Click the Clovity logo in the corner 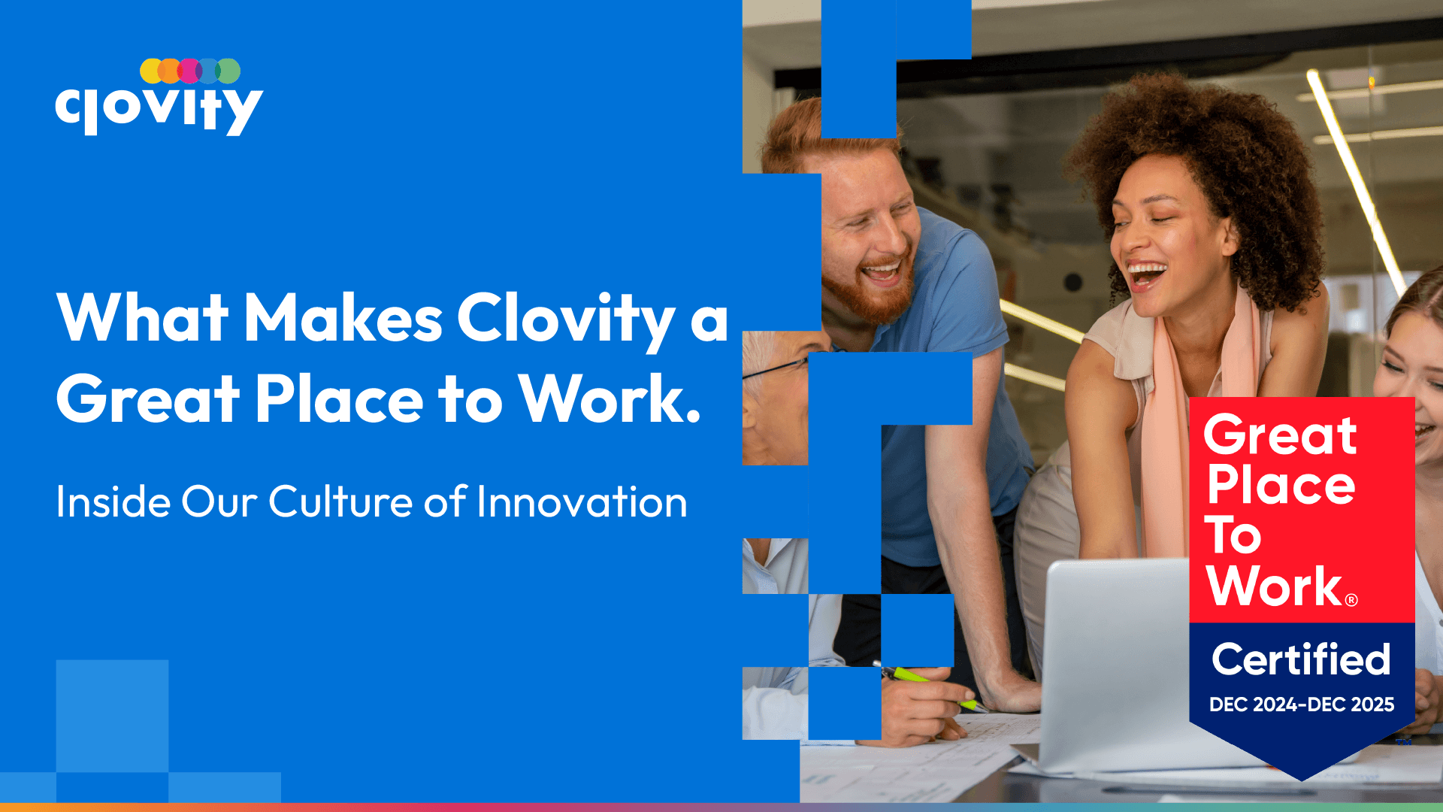pos(159,97)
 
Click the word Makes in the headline pos(343,318)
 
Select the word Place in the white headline pos(339,398)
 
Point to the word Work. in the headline pos(610,398)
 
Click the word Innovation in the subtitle pos(582,501)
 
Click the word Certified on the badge pos(1301,659)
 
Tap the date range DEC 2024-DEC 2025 pos(1302,704)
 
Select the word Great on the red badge pos(1280,435)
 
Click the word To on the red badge pos(1233,535)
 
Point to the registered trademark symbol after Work pos(1351,600)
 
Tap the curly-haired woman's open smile pos(1145,275)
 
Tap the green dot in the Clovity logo pos(228,71)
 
